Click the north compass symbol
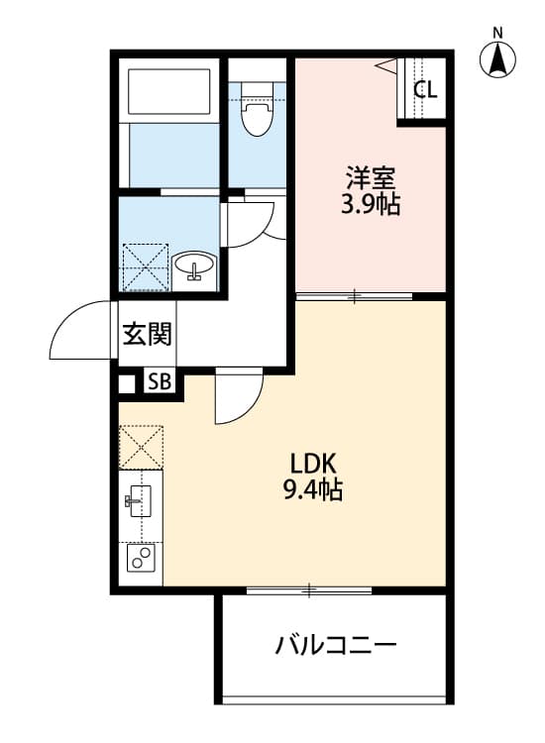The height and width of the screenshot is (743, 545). coord(498,59)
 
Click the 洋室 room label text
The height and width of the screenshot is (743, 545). coord(372,180)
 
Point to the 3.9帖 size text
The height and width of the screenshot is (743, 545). coord(372,207)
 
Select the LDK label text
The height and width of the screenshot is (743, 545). coord(314,463)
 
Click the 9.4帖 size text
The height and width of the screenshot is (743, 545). coord(314,489)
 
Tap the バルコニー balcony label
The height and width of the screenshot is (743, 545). coord(336,647)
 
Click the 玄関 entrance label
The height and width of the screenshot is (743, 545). coord(147,334)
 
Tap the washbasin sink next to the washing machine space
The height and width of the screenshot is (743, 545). coord(193,267)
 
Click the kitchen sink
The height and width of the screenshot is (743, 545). coord(139,499)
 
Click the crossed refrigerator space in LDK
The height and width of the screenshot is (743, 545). coord(141,447)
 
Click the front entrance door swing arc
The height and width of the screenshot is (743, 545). coord(79,332)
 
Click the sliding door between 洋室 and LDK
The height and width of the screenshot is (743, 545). coord(355,295)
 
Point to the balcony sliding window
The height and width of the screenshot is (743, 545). coord(309,591)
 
